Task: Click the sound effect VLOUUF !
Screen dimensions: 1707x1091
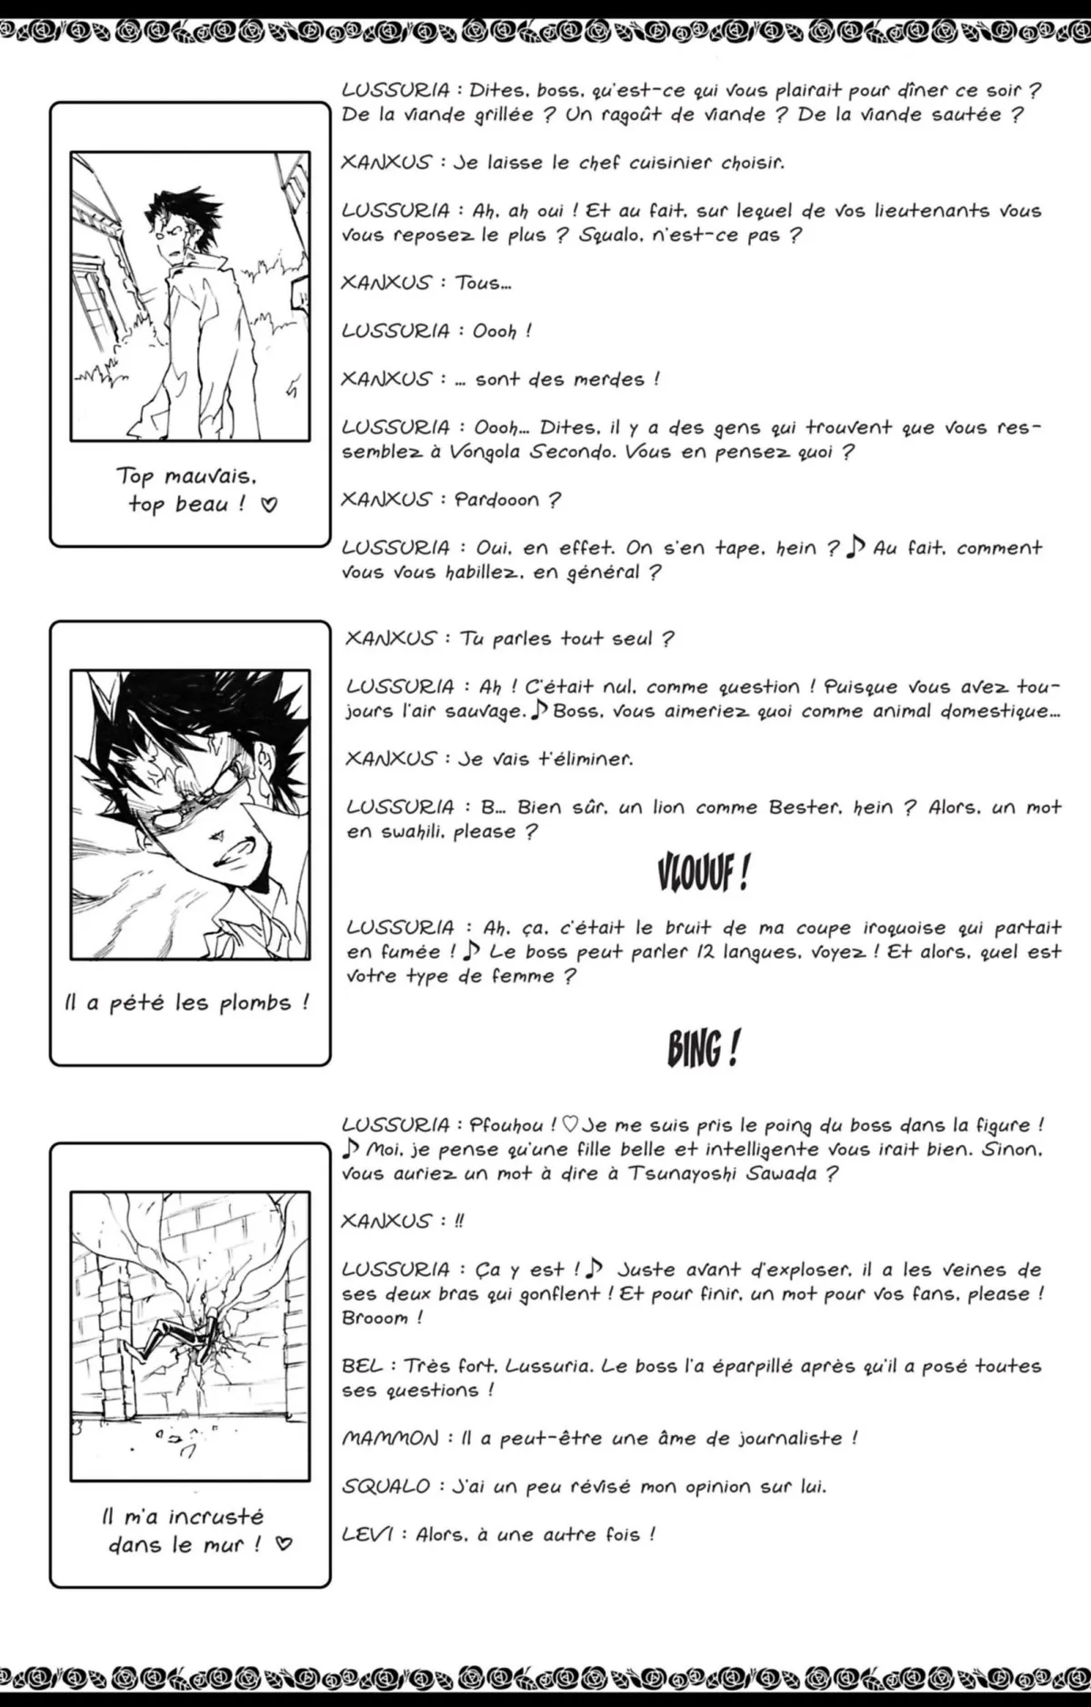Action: [x=703, y=874]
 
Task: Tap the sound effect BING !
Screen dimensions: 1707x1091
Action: [x=703, y=1049]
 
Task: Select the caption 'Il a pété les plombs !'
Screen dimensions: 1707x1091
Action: [x=187, y=1003]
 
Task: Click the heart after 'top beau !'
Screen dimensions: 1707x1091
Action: [x=269, y=504]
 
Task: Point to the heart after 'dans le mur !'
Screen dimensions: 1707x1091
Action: [x=285, y=1544]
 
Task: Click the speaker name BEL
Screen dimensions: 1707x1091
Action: [x=362, y=1366]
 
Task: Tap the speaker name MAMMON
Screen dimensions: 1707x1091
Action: [x=390, y=1439]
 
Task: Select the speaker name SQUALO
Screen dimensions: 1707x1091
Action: [x=385, y=1487]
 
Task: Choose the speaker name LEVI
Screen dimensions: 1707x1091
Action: [x=367, y=1535]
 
